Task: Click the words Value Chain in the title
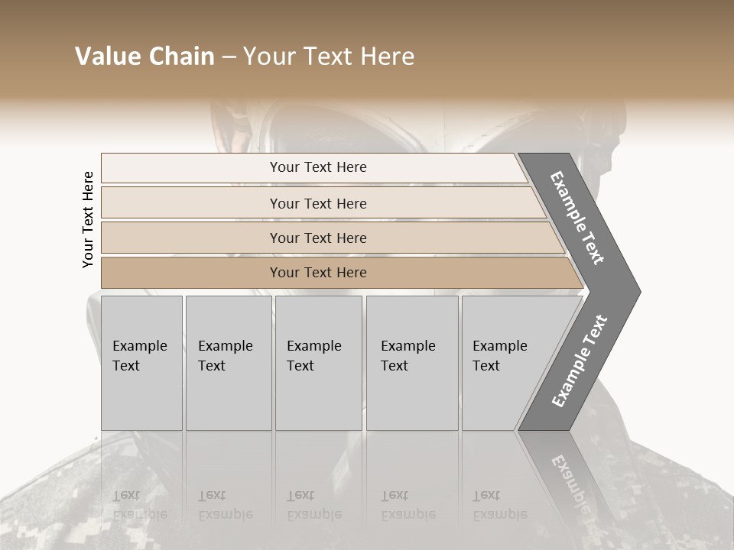(145, 57)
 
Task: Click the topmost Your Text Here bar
(317, 167)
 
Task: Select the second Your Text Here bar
(317, 203)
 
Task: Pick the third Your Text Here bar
(317, 238)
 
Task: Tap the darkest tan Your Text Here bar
(317, 273)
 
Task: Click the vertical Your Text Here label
(88, 219)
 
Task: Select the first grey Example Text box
(141, 363)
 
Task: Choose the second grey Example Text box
(228, 363)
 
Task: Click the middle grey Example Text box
(318, 363)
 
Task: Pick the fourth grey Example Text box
(411, 363)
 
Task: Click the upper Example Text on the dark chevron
(577, 218)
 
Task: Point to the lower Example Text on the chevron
(579, 361)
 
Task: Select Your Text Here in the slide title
(329, 57)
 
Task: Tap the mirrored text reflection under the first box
(139, 505)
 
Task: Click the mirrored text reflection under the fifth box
(499, 505)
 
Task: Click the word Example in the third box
(313, 346)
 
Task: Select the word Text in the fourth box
(395, 366)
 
